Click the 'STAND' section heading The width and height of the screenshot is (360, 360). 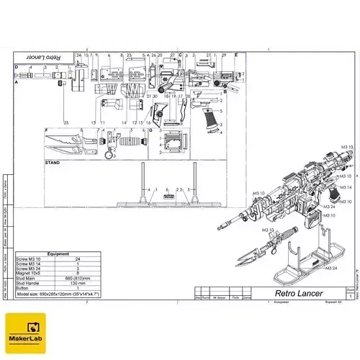(x=53, y=163)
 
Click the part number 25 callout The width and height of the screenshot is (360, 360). (x=66, y=122)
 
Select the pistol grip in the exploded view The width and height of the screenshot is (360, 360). (x=210, y=120)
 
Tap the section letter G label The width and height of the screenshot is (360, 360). (x=150, y=130)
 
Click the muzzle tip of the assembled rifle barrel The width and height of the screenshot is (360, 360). (x=219, y=230)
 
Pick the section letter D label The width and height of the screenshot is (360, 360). (x=16, y=67)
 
